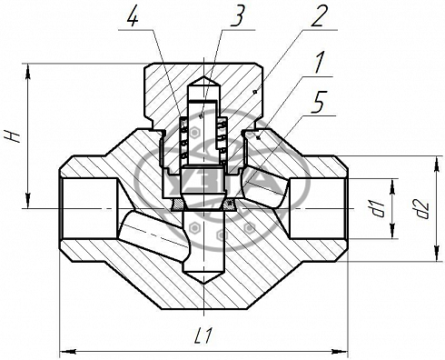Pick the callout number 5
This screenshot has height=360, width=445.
pyautogui.click(x=318, y=104)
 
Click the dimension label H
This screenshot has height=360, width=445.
pyautogui.click(x=14, y=135)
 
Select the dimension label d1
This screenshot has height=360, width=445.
pyautogui.click(x=379, y=209)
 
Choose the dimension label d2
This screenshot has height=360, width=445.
pyautogui.click(x=422, y=209)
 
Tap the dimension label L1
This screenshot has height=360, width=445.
pyautogui.click(x=203, y=335)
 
